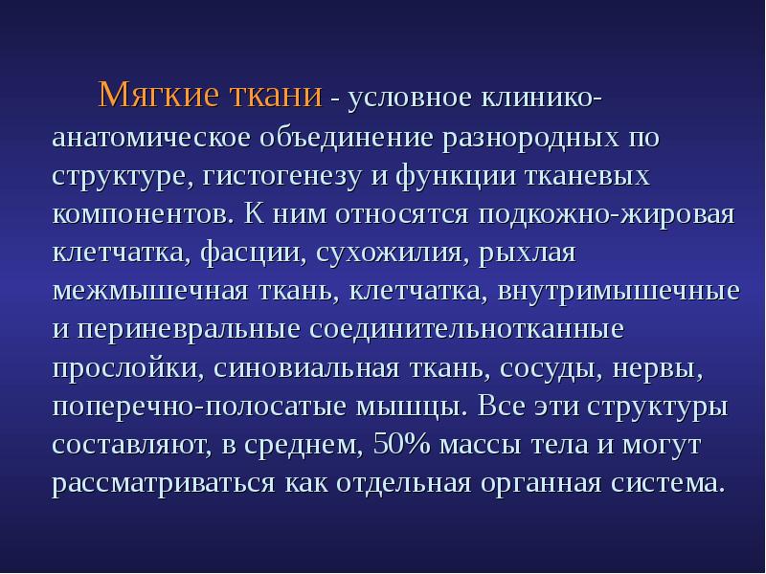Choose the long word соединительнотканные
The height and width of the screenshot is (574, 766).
point(467,329)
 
